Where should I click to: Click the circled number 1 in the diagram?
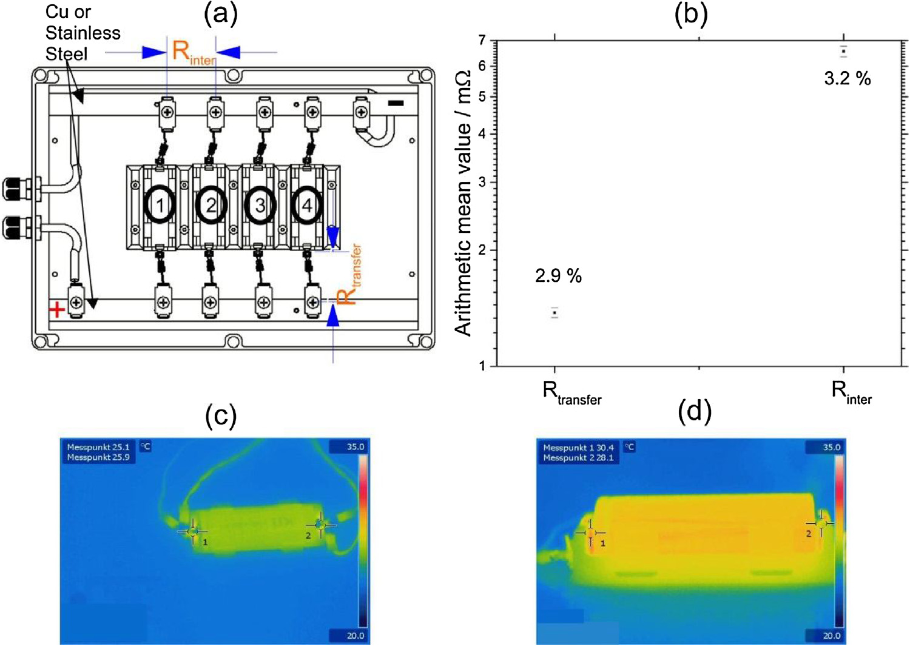(x=160, y=206)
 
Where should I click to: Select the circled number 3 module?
(x=260, y=206)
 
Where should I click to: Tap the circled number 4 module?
(x=307, y=206)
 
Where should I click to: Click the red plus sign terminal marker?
(x=57, y=310)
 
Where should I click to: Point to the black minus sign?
(x=396, y=104)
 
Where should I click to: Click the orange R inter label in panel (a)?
(x=192, y=52)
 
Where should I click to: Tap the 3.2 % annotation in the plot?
(x=847, y=78)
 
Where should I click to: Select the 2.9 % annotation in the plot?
(x=558, y=276)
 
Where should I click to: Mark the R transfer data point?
(x=554, y=313)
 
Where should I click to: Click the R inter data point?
(x=843, y=51)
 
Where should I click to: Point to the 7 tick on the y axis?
(x=482, y=41)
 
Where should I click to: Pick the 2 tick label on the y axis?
(x=482, y=250)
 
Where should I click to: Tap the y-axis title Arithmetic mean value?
(x=462, y=203)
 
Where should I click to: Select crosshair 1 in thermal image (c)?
(x=193, y=531)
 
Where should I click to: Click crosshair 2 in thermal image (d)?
(x=821, y=523)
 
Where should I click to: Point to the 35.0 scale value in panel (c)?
(x=356, y=447)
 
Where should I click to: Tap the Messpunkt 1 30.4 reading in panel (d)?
(x=578, y=448)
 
